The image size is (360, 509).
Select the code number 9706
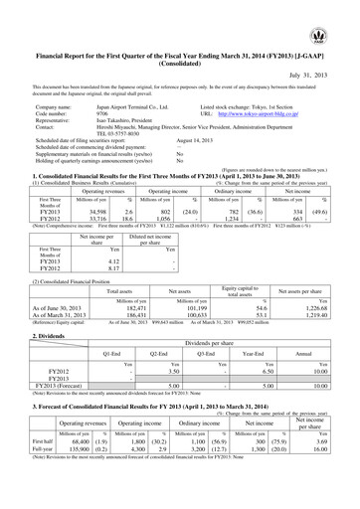click(x=81, y=110)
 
